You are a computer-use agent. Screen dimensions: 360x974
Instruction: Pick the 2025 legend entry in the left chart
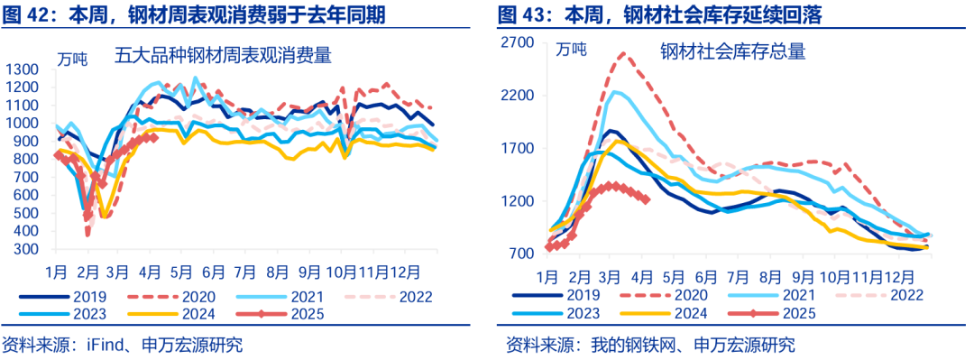click(276, 314)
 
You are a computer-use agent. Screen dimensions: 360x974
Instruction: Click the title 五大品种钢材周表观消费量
click(222, 56)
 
